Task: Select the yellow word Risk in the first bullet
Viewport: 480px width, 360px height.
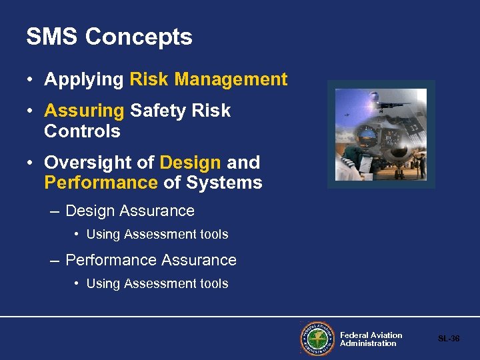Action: coord(149,80)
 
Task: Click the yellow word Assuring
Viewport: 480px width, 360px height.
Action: coord(84,111)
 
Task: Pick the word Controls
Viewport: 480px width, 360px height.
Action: coord(82,131)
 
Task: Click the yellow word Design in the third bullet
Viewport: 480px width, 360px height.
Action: coord(191,163)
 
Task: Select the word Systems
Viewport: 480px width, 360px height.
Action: coord(225,183)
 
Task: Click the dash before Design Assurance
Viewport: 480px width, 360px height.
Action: coord(55,211)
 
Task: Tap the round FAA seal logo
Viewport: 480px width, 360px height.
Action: coord(317,339)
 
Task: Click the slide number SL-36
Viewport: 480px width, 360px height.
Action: coord(449,339)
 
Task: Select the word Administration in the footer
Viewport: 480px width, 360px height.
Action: coord(368,343)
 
